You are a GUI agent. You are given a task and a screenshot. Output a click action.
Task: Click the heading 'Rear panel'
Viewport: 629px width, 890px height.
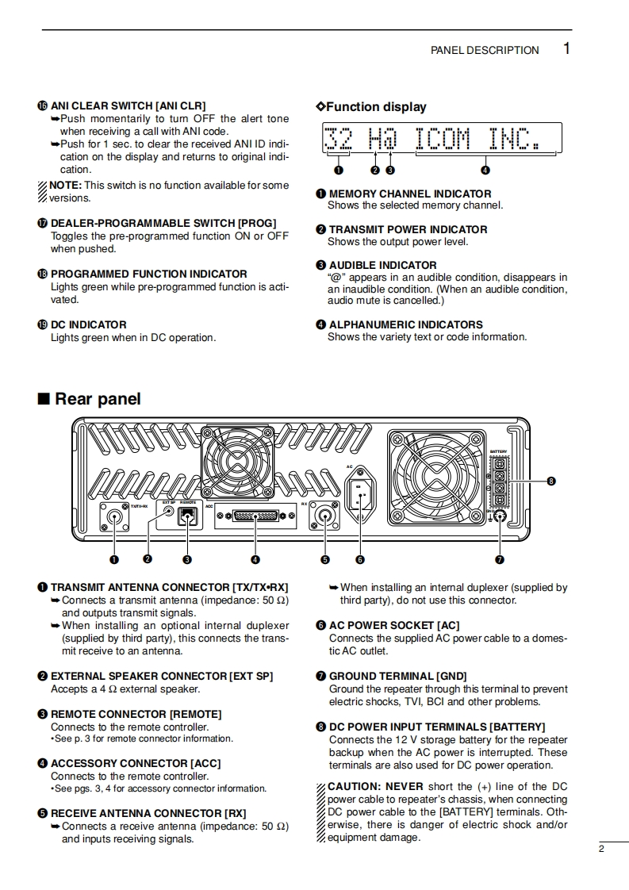[97, 399]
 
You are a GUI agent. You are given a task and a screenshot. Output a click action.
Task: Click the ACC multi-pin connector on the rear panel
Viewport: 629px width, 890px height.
[255, 516]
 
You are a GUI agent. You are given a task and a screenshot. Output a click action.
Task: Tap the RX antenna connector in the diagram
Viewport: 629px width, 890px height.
[324, 517]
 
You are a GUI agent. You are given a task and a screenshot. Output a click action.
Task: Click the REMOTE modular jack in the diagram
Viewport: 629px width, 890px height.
[187, 516]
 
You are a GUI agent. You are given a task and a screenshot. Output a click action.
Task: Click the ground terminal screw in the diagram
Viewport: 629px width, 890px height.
[500, 520]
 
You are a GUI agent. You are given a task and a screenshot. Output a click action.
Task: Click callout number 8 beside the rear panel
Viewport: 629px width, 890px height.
[550, 481]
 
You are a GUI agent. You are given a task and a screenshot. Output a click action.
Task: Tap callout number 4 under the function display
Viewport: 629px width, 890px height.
[485, 170]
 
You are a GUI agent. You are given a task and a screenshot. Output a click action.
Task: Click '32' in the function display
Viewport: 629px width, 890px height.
[339, 140]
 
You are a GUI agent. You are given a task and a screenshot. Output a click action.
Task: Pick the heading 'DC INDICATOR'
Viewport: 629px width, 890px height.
[88, 324]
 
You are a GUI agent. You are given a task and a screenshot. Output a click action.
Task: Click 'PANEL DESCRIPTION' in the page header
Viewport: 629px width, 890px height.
[485, 50]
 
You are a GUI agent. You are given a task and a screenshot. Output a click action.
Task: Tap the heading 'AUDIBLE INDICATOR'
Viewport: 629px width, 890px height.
[382, 265]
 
